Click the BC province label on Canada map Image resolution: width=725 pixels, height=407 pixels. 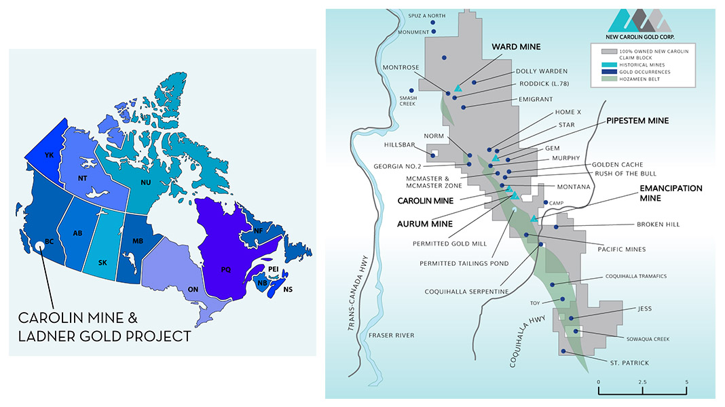[48, 241]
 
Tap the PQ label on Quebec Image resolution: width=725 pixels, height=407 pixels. [226, 269]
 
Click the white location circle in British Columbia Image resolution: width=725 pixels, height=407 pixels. [41, 249]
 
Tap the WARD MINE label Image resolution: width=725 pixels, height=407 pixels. [516, 47]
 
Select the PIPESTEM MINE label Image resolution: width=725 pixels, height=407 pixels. [637, 121]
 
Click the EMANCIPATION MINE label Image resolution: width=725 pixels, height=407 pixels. [671, 193]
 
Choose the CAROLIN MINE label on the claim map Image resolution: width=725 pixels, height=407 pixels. [426, 201]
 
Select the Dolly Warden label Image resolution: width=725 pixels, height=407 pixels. [542, 71]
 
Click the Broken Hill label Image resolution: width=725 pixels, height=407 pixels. [657, 225]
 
